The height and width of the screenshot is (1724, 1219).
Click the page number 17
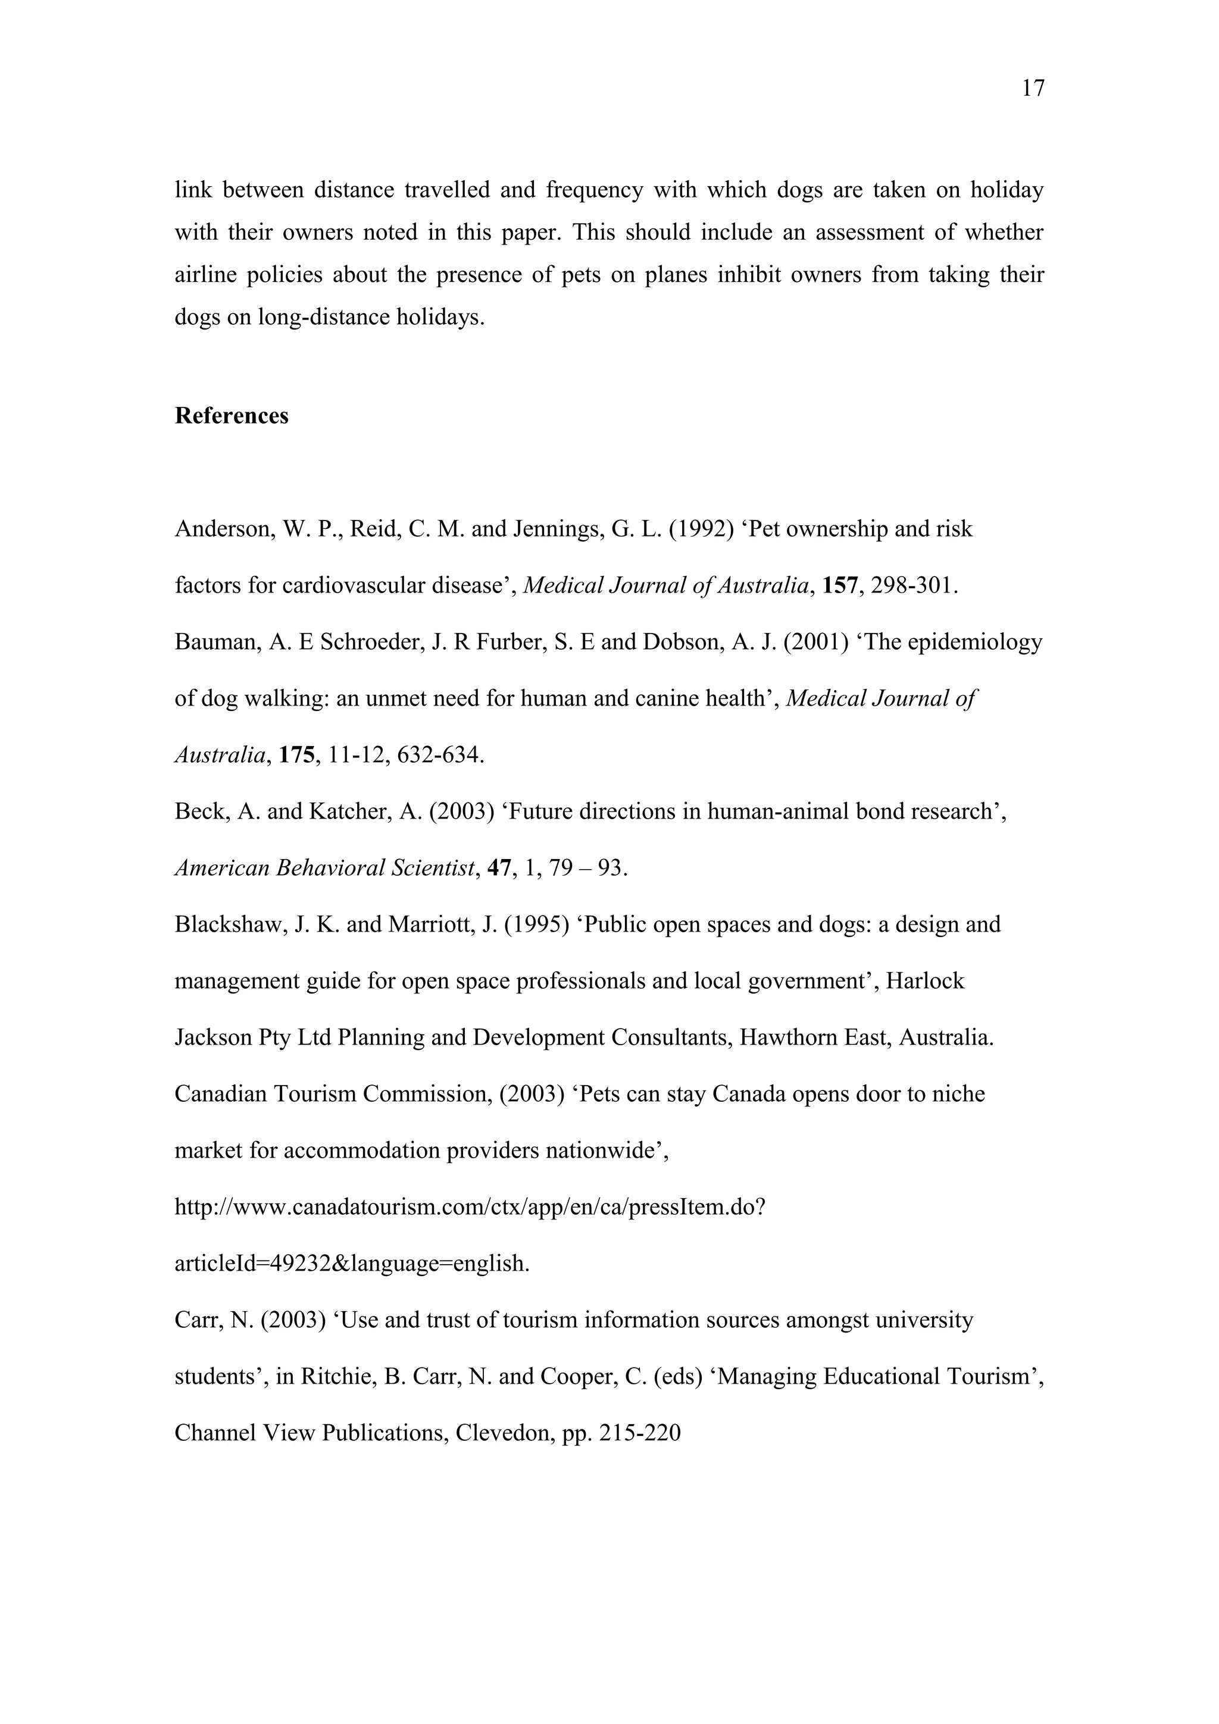(x=1033, y=89)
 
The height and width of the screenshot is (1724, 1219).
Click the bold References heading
(x=232, y=416)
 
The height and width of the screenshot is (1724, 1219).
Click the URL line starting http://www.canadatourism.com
(x=470, y=1208)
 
